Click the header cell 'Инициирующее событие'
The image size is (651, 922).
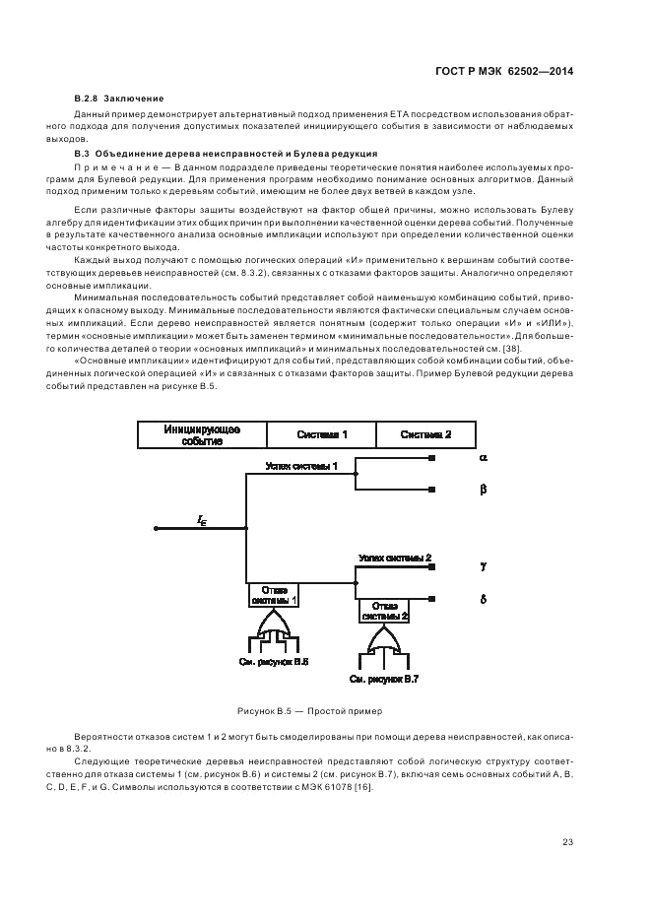(201, 435)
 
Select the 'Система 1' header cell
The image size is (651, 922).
(322, 434)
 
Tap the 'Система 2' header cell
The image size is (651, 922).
(426, 434)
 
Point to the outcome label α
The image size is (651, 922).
(483, 458)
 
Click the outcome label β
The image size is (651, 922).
(483, 489)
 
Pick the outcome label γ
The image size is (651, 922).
(483, 567)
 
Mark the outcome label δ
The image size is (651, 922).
(483, 598)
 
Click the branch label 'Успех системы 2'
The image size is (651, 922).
(394, 558)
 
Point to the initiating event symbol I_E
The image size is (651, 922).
(202, 520)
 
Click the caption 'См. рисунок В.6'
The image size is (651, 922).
(273, 662)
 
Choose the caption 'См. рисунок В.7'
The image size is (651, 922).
(385, 679)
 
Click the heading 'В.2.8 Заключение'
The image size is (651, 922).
(119, 99)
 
